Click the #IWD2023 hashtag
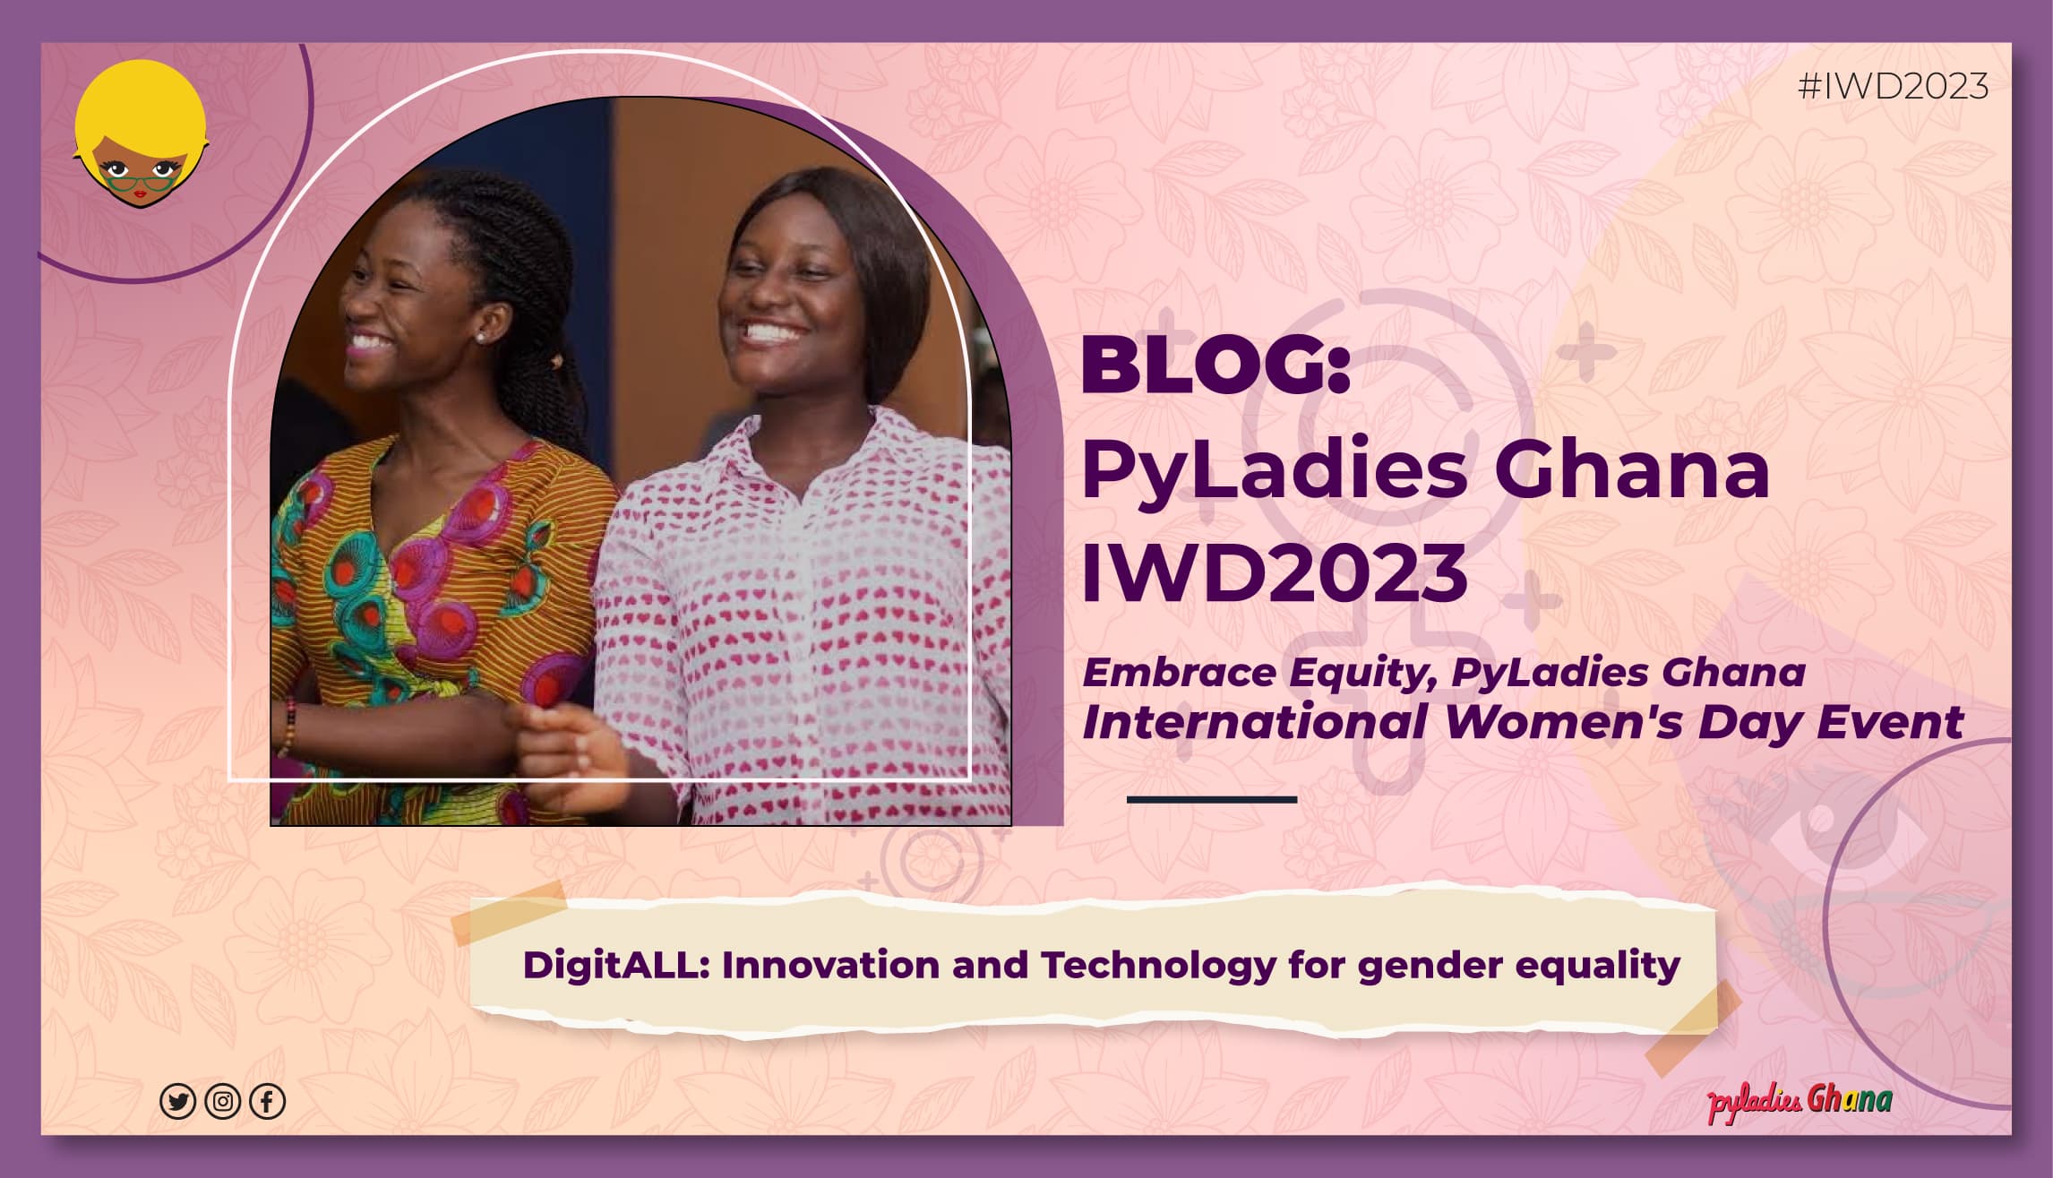click(1893, 87)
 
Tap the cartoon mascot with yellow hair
click(140, 135)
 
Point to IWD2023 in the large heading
click(1275, 572)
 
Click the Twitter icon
click(177, 1101)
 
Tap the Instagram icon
click(222, 1101)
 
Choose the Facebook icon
click(267, 1101)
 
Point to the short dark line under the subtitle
click(1211, 799)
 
